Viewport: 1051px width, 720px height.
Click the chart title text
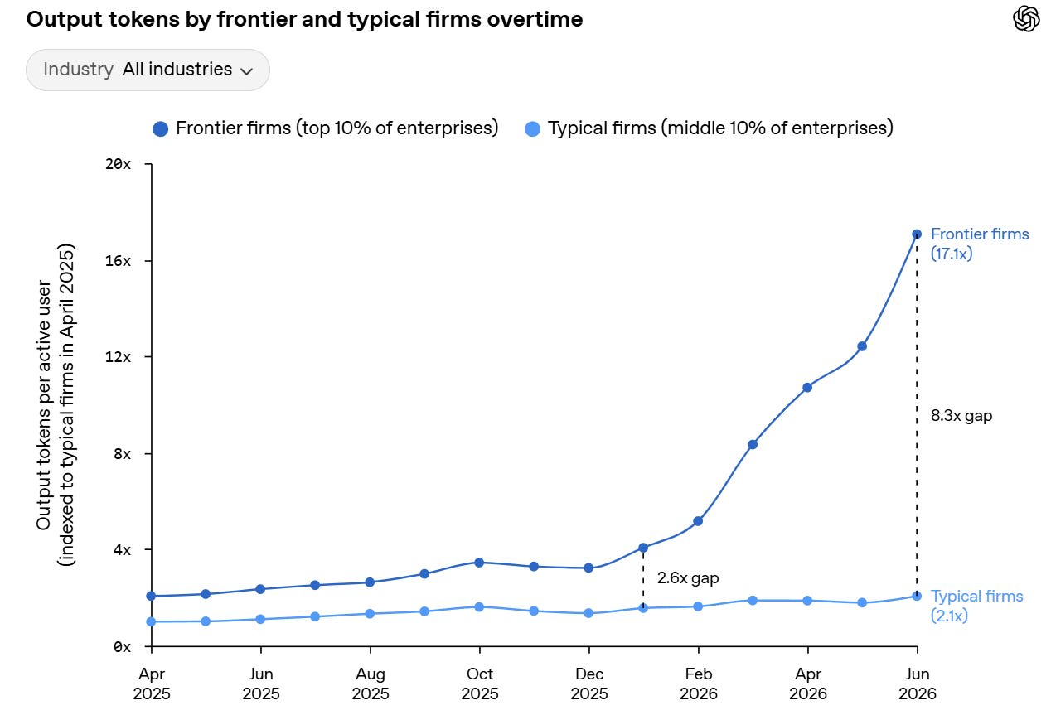(x=304, y=20)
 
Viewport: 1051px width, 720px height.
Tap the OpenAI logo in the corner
(x=1026, y=19)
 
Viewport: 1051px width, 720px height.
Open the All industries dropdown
(x=148, y=70)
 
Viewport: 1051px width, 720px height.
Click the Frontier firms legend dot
(x=161, y=129)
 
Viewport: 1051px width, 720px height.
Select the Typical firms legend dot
(x=532, y=129)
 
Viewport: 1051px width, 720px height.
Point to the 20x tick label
(x=118, y=164)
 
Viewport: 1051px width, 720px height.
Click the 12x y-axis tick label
(x=118, y=356)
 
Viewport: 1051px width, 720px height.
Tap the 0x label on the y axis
(x=122, y=647)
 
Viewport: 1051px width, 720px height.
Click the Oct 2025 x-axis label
(x=480, y=684)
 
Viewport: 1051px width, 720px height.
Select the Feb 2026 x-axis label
(x=699, y=684)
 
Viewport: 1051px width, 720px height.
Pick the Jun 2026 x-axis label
(x=918, y=684)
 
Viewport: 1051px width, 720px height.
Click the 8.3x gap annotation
(x=961, y=416)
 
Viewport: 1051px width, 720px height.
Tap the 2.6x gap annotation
(x=688, y=577)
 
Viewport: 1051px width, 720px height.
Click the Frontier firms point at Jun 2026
(x=917, y=234)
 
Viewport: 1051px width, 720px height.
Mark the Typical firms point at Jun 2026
(x=917, y=597)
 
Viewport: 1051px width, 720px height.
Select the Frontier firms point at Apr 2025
(x=151, y=597)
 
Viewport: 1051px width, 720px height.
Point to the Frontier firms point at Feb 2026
(x=698, y=521)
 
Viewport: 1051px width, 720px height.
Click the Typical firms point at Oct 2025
(x=479, y=607)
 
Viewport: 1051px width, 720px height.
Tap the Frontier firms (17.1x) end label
(x=980, y=244)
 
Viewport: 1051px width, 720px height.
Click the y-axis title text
(x=56, y=405)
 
